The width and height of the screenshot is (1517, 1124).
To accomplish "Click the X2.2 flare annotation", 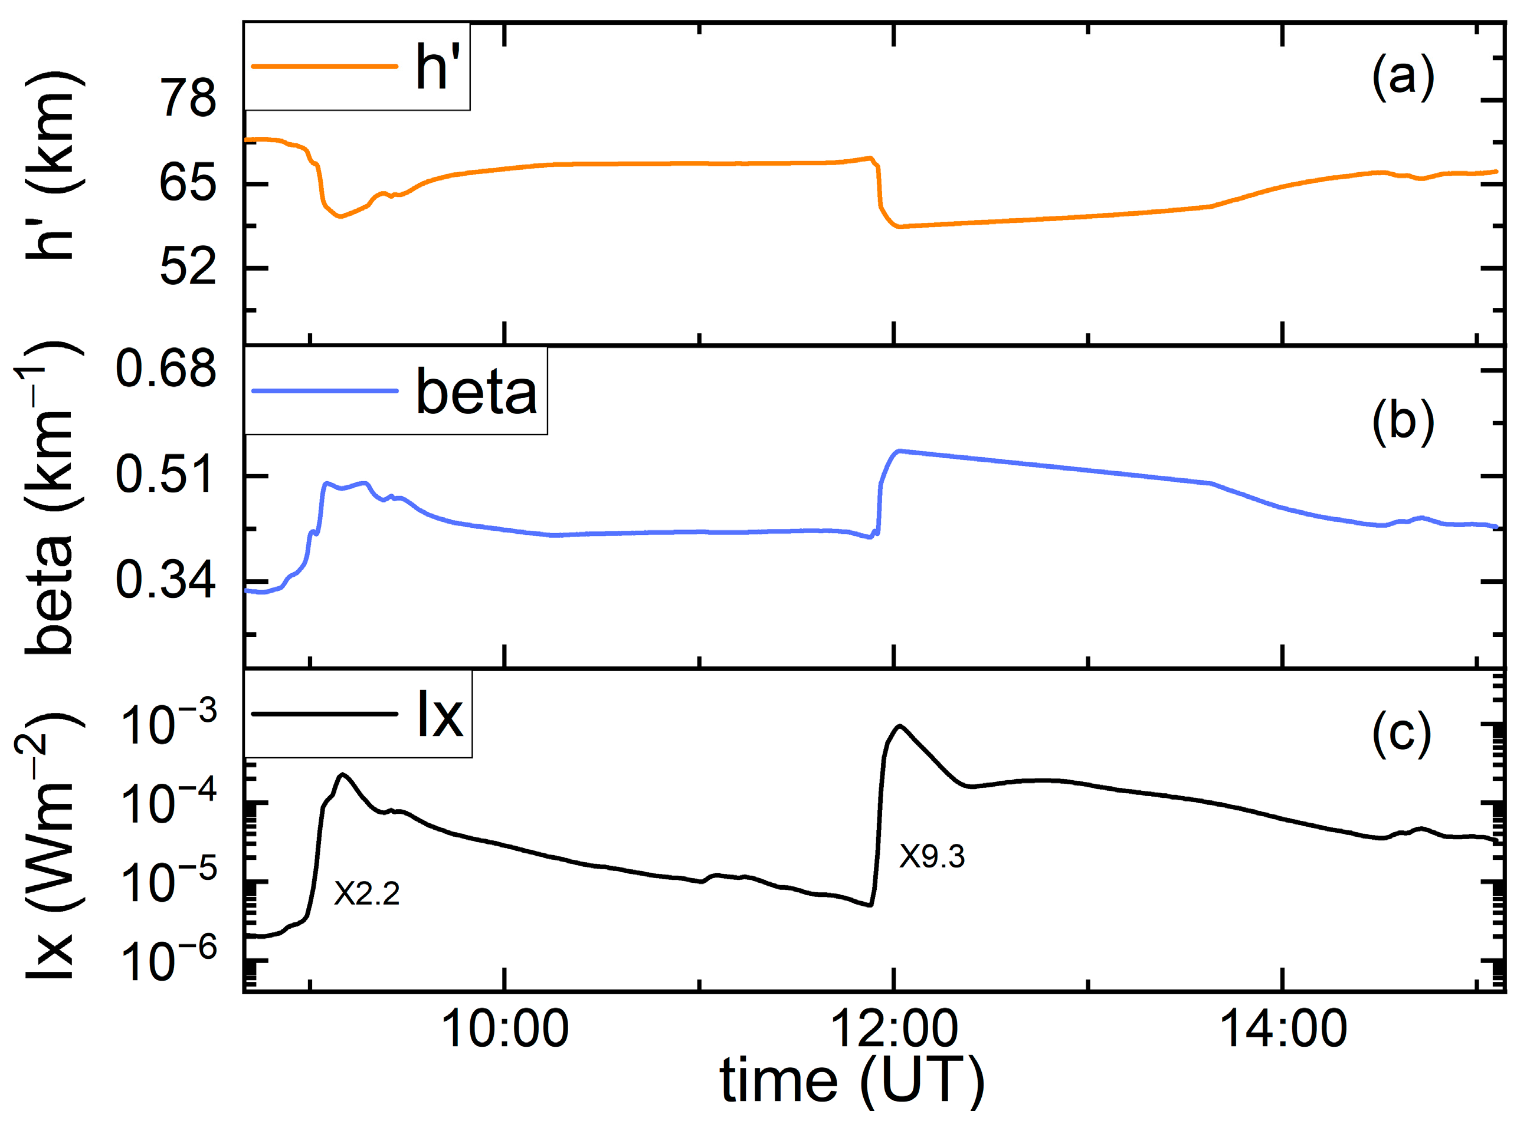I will click(366, 893).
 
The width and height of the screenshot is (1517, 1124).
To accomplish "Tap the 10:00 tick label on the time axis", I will click(504, 1028).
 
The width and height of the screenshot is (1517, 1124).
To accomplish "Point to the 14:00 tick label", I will click(1283, 1028).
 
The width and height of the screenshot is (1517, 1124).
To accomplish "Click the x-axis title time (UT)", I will click(852, 1081).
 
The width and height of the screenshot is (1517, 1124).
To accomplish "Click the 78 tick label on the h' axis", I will click(188, 98).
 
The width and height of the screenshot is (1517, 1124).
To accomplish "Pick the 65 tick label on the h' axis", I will click(188, 184).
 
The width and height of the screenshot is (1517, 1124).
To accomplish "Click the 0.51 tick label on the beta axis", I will click(165, 475).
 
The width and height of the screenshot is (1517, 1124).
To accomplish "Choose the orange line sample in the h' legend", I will click(325, 66).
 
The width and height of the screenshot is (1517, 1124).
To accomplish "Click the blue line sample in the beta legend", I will click(325, 390).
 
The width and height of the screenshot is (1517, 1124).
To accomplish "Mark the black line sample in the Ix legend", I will click(325, 714).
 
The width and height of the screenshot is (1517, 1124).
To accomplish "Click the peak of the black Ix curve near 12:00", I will click(900, 726).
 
